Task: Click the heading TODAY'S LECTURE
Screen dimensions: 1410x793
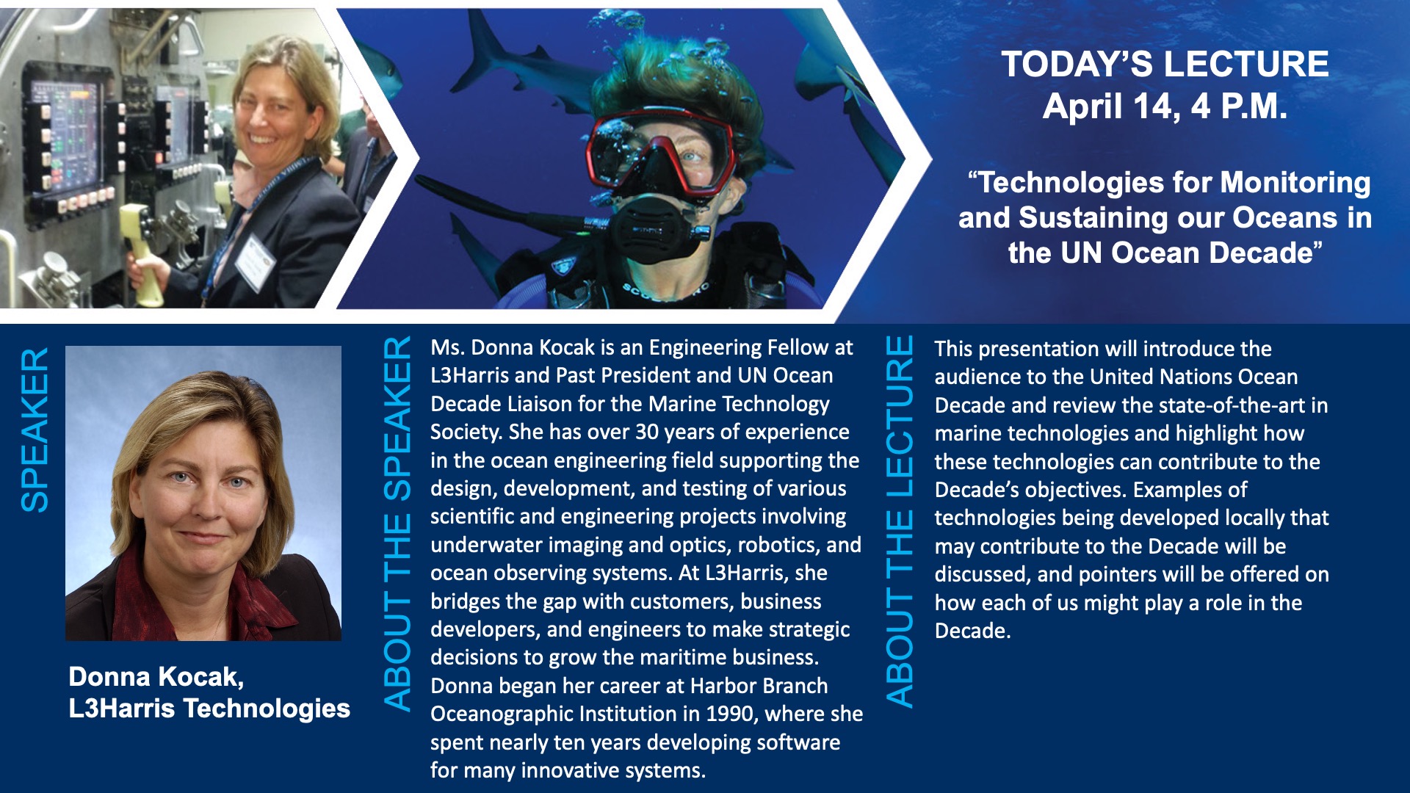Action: click(x=1165, y=64)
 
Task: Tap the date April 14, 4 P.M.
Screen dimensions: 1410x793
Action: click(x=1165, y=106)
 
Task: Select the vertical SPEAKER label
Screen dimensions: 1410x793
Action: click(x=35, y=430)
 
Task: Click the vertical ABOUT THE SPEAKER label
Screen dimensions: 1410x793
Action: click(x=397, y=524)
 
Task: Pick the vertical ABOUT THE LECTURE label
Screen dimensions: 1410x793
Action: click(x=900, y=521)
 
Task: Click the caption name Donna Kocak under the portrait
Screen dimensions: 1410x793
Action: click(x=156, y=676)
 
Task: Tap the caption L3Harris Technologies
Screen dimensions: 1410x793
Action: click(x=209, y=709)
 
